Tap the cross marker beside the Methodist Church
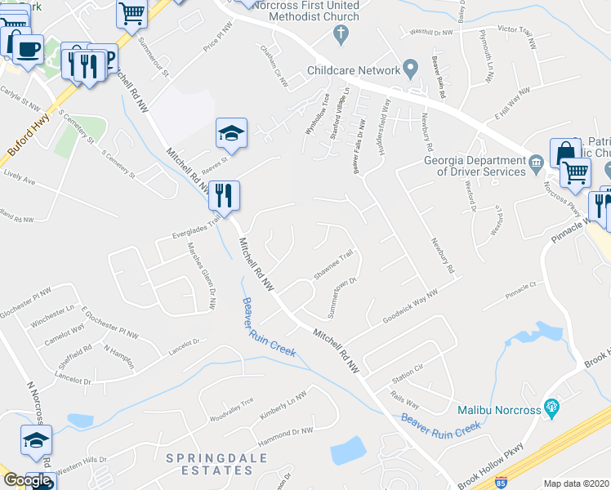tap(341, 35)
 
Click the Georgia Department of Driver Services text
tap(474, 166)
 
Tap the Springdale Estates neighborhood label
tap(216, 464)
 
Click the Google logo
tap(27, 480)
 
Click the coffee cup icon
tap(29, 46)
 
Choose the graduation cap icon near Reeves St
tap(232, 132)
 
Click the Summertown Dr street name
tap(343, 299)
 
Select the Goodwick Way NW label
tap(408, 306)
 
